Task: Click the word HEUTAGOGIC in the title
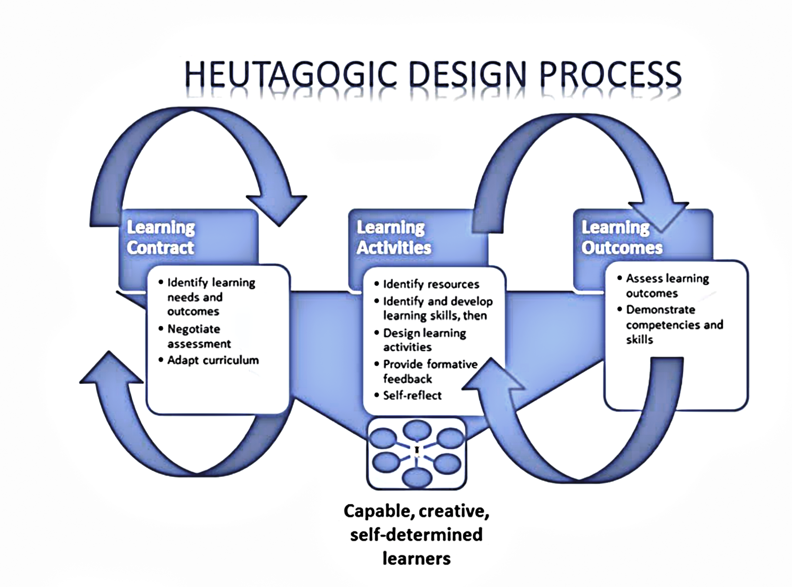(x=291, y=74)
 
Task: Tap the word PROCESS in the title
(x=610, y=74)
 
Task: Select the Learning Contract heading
(x=161, y=237)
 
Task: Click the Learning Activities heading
(x=394, y=237)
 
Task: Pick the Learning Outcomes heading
(x=622, y=237)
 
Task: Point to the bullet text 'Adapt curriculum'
(x=213, y=360)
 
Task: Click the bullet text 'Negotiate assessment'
(x=199, y=336)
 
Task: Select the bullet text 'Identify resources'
(x=431, y=284)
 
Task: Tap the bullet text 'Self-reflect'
(x=412, y=395)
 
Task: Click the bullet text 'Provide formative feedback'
(x=430, y=371)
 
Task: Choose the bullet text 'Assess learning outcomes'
(x=667, y=286)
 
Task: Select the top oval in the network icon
(x=417, y=430)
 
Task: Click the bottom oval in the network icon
(x=417, y=478)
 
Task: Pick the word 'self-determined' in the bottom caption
(x=416, y=534)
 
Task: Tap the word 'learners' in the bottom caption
(x=416, y=558)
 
